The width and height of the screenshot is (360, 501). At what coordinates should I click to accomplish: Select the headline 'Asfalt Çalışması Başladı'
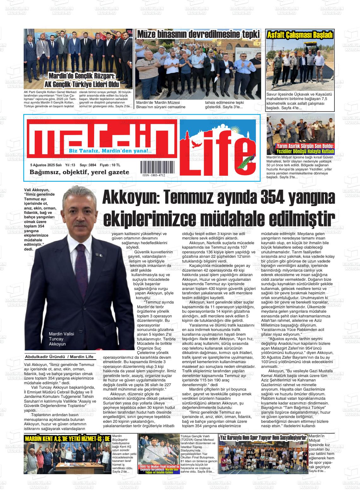coord(300,35)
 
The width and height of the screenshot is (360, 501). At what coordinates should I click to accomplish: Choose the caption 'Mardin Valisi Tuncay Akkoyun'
coord(57,339)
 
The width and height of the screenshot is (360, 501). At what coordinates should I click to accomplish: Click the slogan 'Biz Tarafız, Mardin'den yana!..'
coord(110,151)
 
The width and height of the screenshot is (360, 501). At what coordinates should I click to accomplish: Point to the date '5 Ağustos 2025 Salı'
coord(45,165)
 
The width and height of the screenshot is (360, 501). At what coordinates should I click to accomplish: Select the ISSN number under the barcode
coord(153,175)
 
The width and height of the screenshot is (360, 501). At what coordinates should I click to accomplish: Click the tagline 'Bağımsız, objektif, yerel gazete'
coord(79,172)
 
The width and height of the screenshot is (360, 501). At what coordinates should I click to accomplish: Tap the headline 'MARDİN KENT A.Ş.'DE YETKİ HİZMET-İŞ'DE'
coord(67,439)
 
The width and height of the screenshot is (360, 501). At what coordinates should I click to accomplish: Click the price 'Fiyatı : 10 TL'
coord(110,165)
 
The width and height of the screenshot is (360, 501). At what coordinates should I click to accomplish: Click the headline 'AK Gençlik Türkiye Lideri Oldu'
coord(81,85)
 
